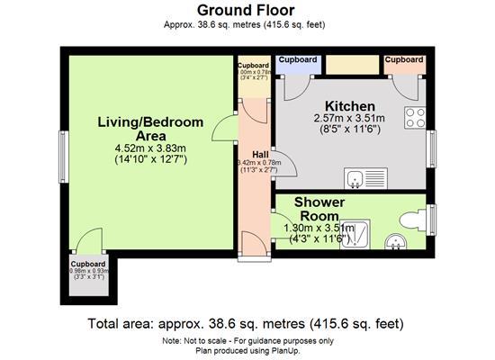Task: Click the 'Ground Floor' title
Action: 245,11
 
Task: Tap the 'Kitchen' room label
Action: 350,106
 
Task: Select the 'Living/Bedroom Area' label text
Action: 150,129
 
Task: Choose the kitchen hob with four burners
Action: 415,117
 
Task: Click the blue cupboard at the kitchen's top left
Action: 296,65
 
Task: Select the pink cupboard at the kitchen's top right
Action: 403,65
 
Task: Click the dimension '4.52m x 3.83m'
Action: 150,148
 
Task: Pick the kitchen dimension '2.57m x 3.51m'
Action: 350,119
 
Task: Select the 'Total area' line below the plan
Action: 245,322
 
